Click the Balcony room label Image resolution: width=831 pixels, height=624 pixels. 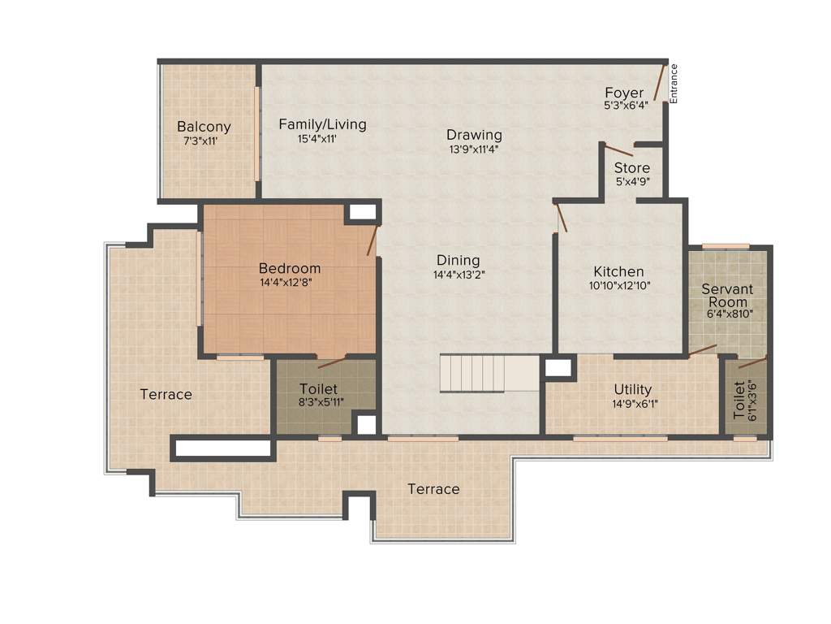[x=204, y=127]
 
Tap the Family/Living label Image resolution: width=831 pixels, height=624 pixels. [x=322, y=124]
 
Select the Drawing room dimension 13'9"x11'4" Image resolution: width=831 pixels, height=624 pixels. [x=474, y=149]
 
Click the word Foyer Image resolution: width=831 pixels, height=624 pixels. [x=624, y=93]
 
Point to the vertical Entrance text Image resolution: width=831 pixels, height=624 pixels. [x=673, y=84]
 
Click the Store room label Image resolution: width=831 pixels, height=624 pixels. [x=631, y=168]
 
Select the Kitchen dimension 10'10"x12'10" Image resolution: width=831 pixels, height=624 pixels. [x=618, y=285]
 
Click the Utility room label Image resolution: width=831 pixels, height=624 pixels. [x=632, y=390]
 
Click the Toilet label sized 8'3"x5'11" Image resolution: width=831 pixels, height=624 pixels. [x=319, y=389]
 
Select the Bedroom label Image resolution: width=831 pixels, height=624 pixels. [x=290, y=268]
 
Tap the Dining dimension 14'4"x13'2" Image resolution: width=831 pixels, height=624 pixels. [x=458, y=275]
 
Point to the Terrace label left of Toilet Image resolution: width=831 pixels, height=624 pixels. [x=166, y=394]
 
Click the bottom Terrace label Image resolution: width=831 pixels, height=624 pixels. [x=433, y=489]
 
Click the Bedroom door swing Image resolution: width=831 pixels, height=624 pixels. [x=372, y=240]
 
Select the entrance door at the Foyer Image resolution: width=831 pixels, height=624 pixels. [x=661, y=83]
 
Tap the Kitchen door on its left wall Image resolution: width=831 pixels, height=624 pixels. [x=561, y=217]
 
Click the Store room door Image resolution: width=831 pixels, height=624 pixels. [x=618, y=149]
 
